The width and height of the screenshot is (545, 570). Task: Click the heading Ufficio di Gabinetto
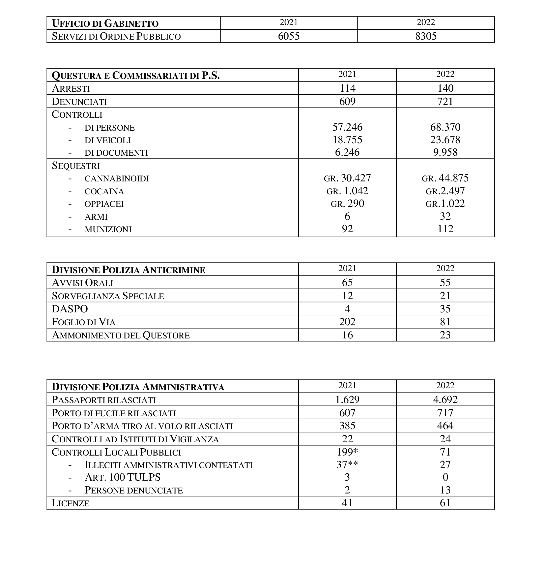coord(105,23)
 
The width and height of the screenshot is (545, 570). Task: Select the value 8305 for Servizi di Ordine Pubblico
coord(426,36)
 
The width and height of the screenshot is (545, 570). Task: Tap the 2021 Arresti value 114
coord(347,88)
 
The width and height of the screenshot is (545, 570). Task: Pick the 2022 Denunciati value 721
coord(445,101)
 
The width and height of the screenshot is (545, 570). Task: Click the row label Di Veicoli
coord(107,140)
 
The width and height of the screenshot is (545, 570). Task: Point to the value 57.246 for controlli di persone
coord(347,127)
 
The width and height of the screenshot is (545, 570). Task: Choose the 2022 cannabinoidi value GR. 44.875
coord(445,178)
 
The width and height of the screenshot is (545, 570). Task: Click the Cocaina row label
coord(104,191)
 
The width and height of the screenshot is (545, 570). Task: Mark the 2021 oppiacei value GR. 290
coord(347,204)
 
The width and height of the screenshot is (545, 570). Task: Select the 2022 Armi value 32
coord(445,216)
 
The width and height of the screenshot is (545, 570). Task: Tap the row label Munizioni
coord(108,229)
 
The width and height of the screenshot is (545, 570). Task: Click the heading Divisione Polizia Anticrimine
coord(129,270)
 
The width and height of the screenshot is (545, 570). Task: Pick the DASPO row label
coord(70,309)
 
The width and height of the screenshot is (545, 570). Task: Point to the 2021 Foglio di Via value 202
coord(347,322)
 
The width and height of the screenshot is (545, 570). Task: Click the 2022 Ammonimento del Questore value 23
coord(445,335)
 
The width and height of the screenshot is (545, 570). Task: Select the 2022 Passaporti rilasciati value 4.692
coord(445,399)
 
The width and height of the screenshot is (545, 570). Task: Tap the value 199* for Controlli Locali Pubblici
coord(347,452)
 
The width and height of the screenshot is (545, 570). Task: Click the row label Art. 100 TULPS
coord(123,477)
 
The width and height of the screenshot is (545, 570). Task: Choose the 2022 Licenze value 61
coord(445,503)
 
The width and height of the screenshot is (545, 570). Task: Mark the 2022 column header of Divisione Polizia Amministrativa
coord(445,386)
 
